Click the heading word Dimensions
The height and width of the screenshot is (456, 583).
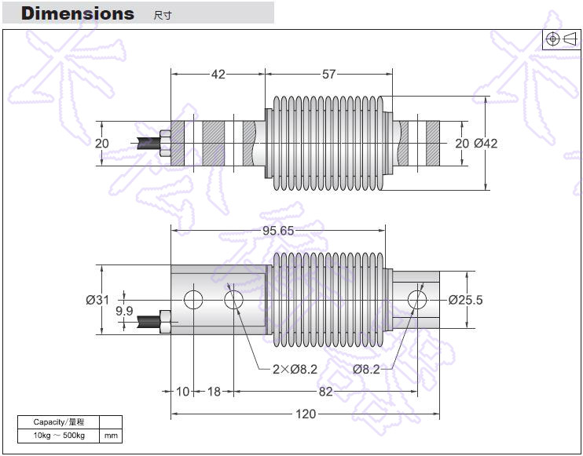[77, 13]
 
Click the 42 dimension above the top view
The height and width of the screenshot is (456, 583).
[218, 75]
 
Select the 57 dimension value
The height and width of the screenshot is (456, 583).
[328, 75]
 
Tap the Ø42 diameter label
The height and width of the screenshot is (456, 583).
[486, 144]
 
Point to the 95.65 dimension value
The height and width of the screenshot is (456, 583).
[279, 231]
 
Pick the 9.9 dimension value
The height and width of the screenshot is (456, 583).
[124, 312]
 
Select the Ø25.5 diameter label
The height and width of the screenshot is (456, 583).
[465, 300]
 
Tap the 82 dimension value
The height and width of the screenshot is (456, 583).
[325, 392]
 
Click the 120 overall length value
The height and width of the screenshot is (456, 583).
[306, 414]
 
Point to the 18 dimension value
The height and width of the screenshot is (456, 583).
[214, 392]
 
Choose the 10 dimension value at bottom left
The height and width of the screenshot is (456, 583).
[183, 392]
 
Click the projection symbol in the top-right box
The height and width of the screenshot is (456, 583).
[561, 39]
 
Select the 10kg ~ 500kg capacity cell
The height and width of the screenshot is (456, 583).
[59, 436]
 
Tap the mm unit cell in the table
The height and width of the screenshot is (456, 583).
[112, 436]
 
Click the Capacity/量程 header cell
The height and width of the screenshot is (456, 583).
[59, 422]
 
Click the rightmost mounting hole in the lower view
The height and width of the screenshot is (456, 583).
[417, 299]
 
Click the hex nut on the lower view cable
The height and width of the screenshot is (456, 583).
[166, 320]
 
